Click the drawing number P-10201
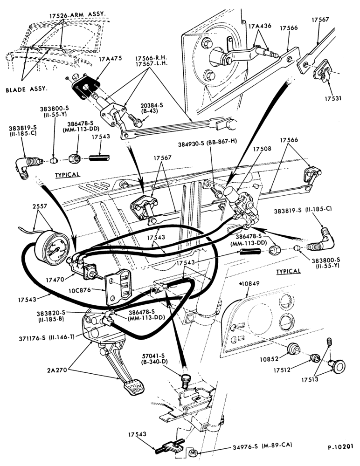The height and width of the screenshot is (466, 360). [341, 447]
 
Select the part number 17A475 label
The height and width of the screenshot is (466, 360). [111, 59]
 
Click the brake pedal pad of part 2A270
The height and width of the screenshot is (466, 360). [133, 387]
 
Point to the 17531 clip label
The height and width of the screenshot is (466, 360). [332, 98]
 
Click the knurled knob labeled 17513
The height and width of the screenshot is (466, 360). [337, 366]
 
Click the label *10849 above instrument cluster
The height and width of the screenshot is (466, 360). [249, 283]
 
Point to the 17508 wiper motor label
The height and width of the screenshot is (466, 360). [262, 149]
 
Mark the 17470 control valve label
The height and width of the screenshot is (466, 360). [55, 280]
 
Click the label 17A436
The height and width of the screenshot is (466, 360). [260, 26]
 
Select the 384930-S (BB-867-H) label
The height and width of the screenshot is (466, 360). [208, 142]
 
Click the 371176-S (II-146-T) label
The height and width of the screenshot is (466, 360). [47, 337]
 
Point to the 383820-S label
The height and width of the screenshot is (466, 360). [50, 313]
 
